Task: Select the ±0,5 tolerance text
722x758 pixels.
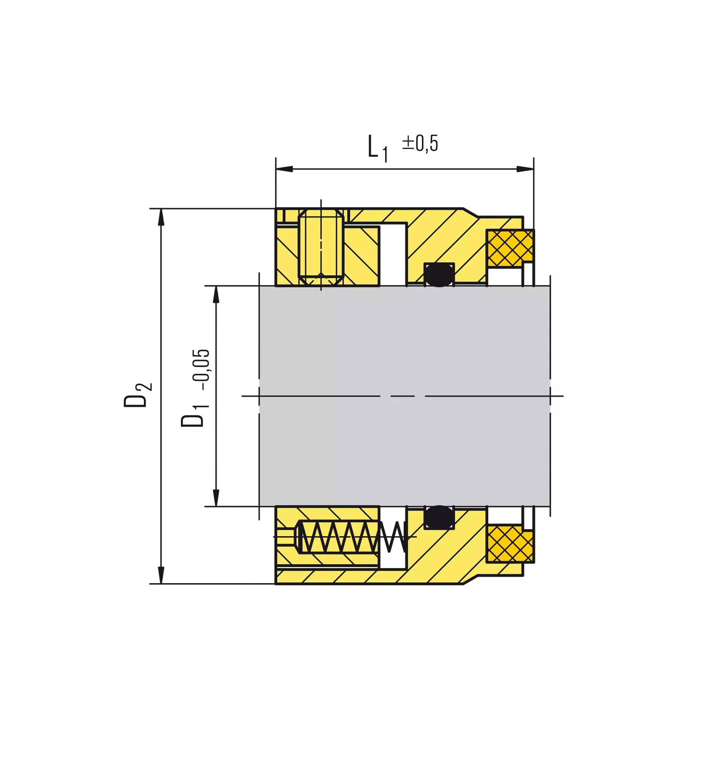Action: (420, 143)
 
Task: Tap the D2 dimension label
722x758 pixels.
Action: (138, 395)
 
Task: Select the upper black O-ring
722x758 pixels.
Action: (439, 275)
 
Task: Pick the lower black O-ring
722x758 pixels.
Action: (439, 518)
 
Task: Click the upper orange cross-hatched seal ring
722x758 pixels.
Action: (510, 248)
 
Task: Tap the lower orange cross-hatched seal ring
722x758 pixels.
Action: (510, 544)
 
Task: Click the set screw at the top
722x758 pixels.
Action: (321, 247)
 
